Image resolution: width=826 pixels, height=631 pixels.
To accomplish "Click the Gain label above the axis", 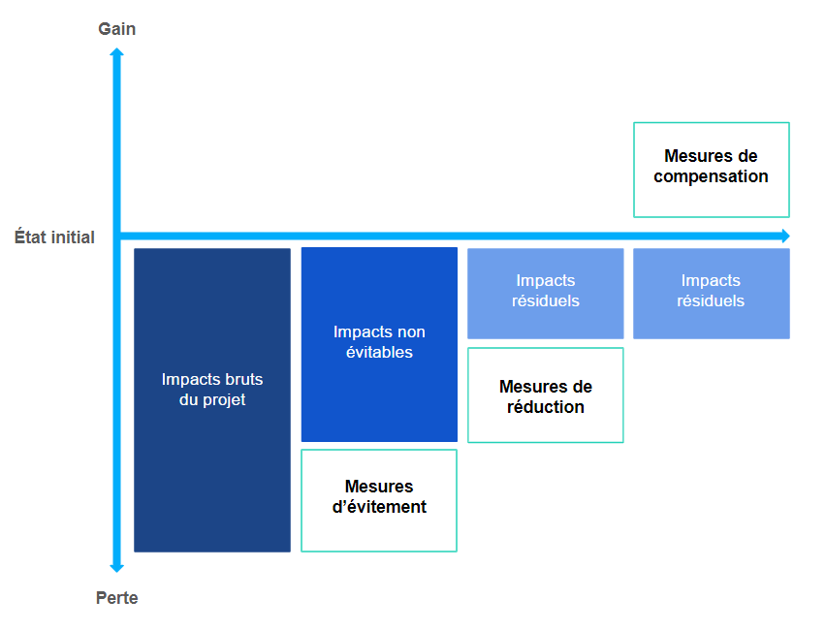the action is [117, 29].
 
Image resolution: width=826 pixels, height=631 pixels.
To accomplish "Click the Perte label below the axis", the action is [117, 598].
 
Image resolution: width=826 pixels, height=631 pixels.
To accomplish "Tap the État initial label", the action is [54, 237].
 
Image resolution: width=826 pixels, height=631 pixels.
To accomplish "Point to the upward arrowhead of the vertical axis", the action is [117, 51].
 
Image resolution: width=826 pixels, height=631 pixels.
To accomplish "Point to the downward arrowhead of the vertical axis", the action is [117, 568].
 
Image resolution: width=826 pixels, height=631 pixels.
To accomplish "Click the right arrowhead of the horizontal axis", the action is [785, 236].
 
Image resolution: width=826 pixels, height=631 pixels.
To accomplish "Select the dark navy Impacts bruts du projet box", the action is [212, 400].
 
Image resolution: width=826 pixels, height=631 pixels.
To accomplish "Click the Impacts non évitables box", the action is [379, 344].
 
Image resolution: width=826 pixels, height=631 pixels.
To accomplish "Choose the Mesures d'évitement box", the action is [379, 500].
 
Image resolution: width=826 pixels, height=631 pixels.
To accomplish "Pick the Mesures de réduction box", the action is [546, 395].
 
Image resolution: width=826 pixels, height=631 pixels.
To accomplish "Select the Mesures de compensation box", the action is [712, 170].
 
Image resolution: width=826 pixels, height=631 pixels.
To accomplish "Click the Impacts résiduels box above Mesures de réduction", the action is [546, 294].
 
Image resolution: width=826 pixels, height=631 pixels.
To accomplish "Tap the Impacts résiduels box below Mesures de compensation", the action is [712, 294].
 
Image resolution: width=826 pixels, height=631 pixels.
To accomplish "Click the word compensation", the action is [712, 176].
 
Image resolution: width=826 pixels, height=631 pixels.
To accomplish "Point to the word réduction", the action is [546, 407].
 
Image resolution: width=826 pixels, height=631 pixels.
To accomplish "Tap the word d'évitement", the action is [379, 507].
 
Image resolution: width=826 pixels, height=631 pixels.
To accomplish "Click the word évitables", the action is [379, 352].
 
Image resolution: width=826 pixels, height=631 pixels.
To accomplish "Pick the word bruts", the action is [244, 379].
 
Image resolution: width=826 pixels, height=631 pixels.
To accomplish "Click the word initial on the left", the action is [74, 237].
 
